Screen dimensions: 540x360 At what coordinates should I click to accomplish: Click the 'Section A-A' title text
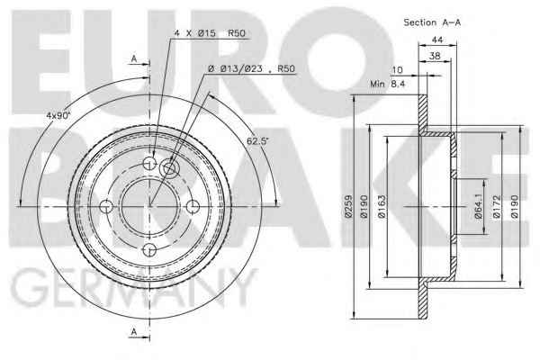pos(432,22)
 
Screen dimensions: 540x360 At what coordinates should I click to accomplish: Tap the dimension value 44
pos(437,40)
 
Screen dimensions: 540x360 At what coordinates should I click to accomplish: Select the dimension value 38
pos(435,56)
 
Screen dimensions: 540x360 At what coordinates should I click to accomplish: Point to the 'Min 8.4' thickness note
pos(388,84)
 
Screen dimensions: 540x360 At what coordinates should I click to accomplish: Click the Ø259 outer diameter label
pos(348,206)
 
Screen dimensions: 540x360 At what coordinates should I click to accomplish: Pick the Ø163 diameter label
pos(382,206)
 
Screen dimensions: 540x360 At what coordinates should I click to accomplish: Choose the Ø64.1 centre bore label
pos(478,206)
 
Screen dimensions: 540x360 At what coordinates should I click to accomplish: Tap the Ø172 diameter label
pos(496,206)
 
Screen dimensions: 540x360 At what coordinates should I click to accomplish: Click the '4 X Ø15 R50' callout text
pos(210,33)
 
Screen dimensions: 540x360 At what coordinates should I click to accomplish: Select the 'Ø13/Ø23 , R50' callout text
pos(251,69)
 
